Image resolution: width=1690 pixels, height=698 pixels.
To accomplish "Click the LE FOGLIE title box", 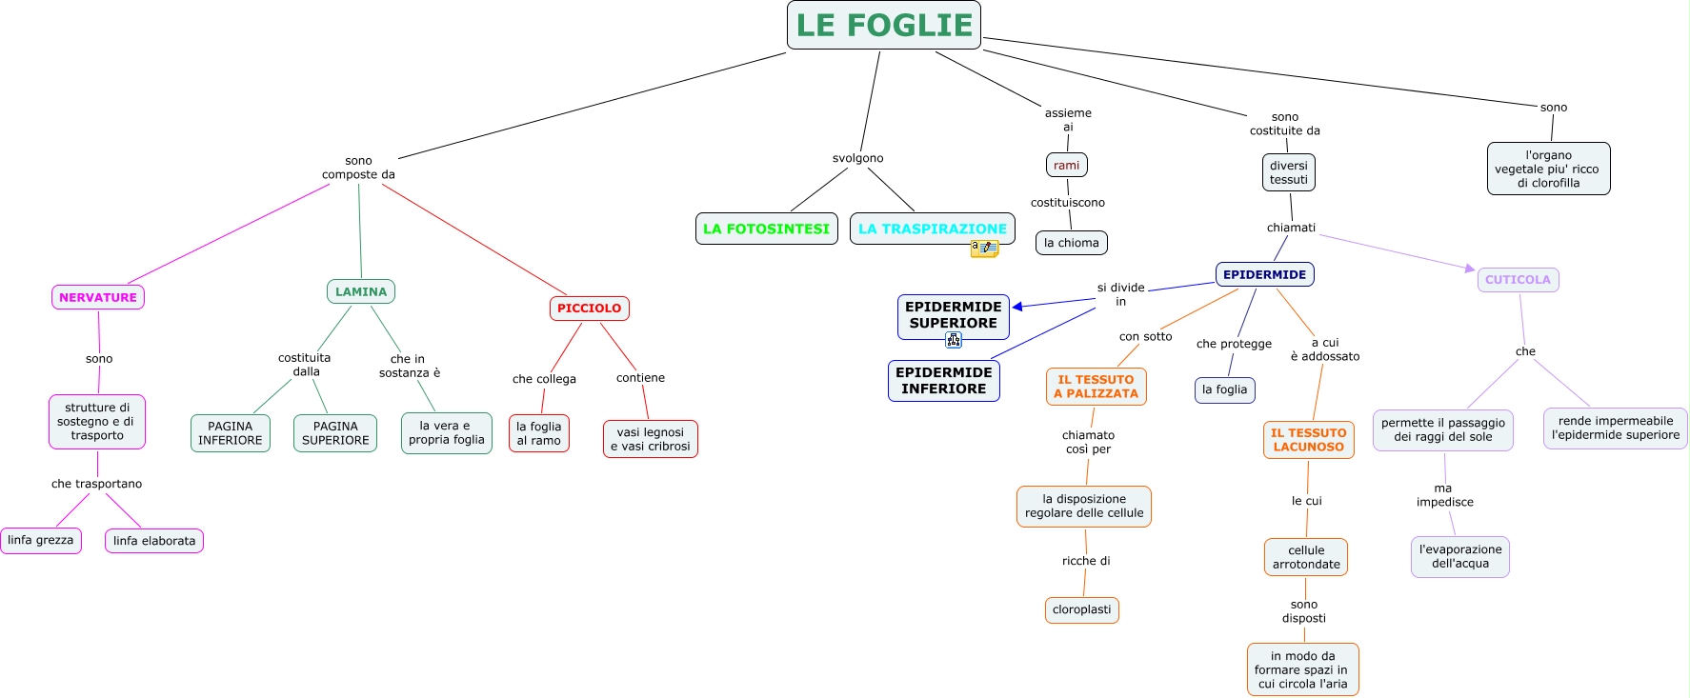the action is click(x=883, y=26).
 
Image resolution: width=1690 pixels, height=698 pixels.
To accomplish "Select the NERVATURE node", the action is click(x=98, y=297).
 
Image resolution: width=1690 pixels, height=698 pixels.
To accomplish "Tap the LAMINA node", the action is click(x=361, y=291).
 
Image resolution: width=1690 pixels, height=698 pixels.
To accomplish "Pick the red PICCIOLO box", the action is click(x=589, y=309).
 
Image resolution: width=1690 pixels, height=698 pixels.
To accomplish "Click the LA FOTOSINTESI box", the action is click(x=766, y=229).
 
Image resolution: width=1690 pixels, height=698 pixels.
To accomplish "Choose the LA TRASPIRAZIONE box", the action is click(x=932, y=229).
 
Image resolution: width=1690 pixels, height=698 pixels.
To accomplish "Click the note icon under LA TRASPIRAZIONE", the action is click(x=984, y=249).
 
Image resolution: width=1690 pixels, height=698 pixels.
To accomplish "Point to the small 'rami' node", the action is click(x=1066, y=165).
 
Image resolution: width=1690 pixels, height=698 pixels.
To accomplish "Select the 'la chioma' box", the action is click(x=1071, y=243).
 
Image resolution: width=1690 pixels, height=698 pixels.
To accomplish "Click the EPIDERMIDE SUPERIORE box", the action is click(x=953, y=315).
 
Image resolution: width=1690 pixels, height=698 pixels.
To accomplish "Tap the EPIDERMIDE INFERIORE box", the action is click(x=943, y=381).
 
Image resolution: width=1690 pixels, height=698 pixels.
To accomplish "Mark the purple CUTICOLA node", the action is click(x=1518, y=280).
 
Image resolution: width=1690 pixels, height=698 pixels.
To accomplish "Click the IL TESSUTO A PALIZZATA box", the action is click(x=1096, y=387).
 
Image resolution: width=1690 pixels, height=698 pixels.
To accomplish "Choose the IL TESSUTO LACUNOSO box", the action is click(x=1308, y=440).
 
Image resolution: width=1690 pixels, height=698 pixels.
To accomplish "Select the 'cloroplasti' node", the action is click(x=1081, y=609).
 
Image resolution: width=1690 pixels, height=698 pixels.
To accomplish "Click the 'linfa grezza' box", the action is click(x=40, y=540).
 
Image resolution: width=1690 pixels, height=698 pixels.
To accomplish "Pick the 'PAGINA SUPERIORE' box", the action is click(x=335, y=433).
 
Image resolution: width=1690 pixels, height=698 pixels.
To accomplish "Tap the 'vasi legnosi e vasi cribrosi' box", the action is click(x=650, y=439).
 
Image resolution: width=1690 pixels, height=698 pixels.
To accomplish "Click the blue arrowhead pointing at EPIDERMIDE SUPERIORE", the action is click(x=1017, y=307).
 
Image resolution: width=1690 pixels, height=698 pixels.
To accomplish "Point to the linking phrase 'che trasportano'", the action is click(x=96, y=484).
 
